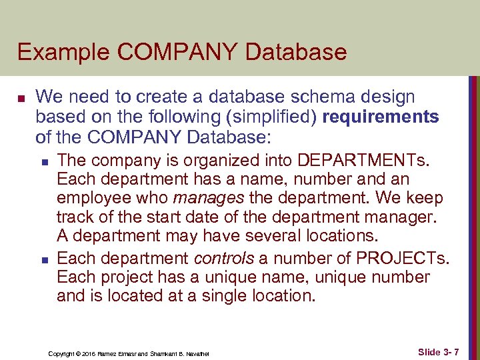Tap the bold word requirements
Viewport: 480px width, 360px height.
click(x=380, y=117)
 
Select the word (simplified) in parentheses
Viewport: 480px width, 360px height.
click(x=271, y=117)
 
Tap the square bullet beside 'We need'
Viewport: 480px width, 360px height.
click(x=21, y=98)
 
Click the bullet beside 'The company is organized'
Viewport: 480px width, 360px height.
click(x=43, y=161)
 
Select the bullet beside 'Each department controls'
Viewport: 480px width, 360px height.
click(x=43, y=258)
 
